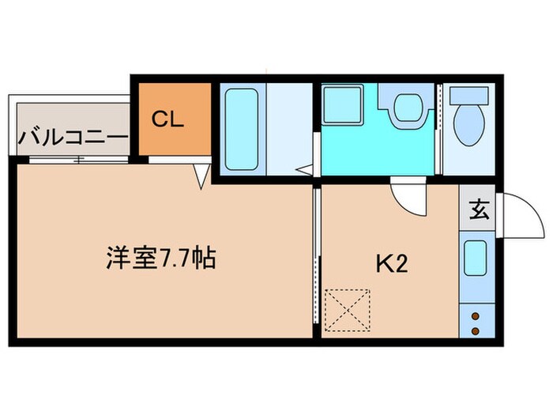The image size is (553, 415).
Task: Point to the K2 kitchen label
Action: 390,264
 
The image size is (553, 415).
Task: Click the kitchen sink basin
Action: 476,258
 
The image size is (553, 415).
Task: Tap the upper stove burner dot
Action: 476,316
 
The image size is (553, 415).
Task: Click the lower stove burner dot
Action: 476,329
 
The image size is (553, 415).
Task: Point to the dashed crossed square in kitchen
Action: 347,309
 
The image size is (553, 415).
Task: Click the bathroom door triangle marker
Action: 304,168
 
